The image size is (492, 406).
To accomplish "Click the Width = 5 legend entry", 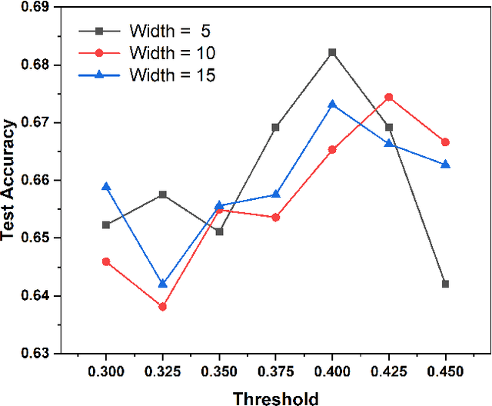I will coord(146,32).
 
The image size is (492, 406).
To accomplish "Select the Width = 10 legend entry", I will coord(146,53).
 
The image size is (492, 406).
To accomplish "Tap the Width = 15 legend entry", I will coord(146,75).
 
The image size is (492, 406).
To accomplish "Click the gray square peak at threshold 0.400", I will coord(332,52).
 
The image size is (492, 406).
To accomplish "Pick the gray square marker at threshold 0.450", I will coord(445,284).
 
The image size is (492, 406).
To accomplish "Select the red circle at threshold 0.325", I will coord(162,307).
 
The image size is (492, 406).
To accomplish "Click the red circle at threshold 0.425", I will coord(389,97).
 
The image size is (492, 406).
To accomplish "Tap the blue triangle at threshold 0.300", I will coord(106,187).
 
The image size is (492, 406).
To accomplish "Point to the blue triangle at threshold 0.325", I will coord(162,284).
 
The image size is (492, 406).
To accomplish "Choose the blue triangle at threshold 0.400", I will coord(332,104).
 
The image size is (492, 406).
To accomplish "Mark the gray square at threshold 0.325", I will coord(162,195).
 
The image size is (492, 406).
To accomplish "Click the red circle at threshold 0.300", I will coord(106,261).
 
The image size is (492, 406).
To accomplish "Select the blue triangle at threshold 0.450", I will coord(445,165).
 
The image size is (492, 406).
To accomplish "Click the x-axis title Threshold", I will coord(275,397).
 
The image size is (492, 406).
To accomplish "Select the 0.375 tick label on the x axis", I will coord(275,371).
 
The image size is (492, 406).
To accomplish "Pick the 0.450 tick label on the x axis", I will coord(445,371).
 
